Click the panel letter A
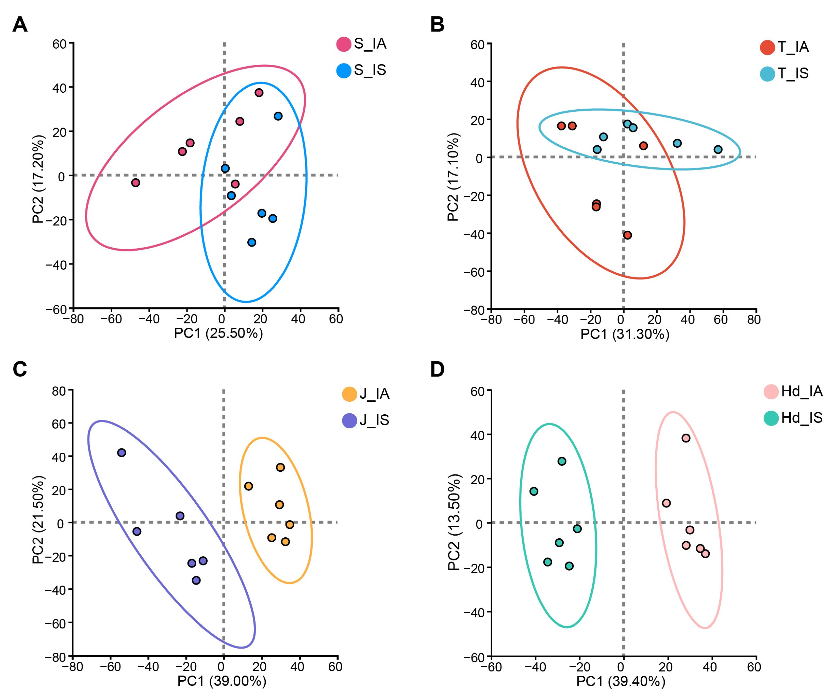pyautogui.click(x=20, y=25)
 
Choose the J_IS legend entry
pyautogui.click(x=366, y=420)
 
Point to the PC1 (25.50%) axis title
pyautogui.click(x=218, y=333)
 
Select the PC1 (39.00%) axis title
pyautogui.click(x=222, y=681)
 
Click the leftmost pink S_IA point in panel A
pyautogui.click(x=136, y=183)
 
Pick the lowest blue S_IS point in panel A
pyautogui.click(x=252, y=242)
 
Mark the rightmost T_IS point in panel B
pyautogui.click(x=718, y=149)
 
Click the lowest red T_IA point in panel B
pyautogui.click(x=628, y=235)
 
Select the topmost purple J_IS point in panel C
pyautogui.click(x=122, y=453)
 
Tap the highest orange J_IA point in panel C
pyautogui.click(x=281, y=467)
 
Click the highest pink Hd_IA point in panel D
pyautogui.click(x=686, y=438)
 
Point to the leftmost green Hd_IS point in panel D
pyautogui.click(x=534, y=492)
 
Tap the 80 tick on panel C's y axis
pyautogui.click(x=58, y=392)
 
